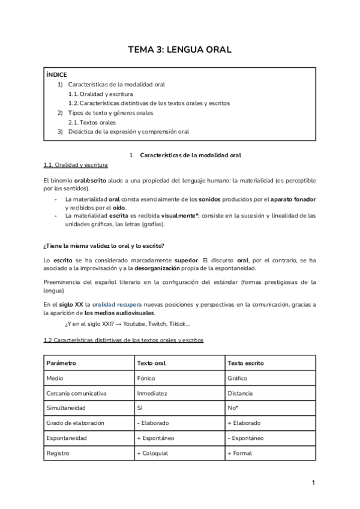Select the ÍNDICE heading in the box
point(57,75)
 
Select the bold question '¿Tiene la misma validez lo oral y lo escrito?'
point(104,246)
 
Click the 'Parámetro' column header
point(61,363)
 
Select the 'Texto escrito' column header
point(246,363)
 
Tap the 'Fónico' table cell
point(146,378)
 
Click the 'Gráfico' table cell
point(238,378)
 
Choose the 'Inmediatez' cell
point(152,393)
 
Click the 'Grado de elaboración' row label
point(75,423)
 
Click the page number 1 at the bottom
point(313,483)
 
